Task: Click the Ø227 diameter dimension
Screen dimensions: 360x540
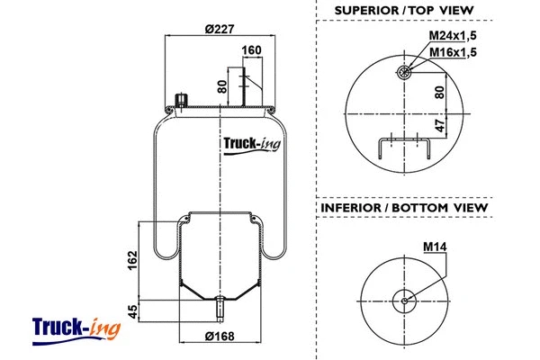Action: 220,28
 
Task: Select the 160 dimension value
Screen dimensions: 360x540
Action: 252,49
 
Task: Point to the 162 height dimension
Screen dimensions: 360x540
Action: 133,261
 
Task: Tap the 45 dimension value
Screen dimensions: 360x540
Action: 133,312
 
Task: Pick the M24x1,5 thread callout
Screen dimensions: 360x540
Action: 451,35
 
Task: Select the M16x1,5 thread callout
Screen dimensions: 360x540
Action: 451,52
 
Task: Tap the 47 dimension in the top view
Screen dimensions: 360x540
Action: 440,126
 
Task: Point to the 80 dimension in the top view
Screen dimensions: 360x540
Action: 440,91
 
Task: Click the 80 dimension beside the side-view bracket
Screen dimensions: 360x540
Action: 222,87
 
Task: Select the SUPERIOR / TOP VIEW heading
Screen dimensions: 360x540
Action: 404,10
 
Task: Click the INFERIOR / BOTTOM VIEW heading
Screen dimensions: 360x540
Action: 404,208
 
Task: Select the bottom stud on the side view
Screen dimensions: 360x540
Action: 220,309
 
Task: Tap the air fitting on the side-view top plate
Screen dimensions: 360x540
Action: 178,99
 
